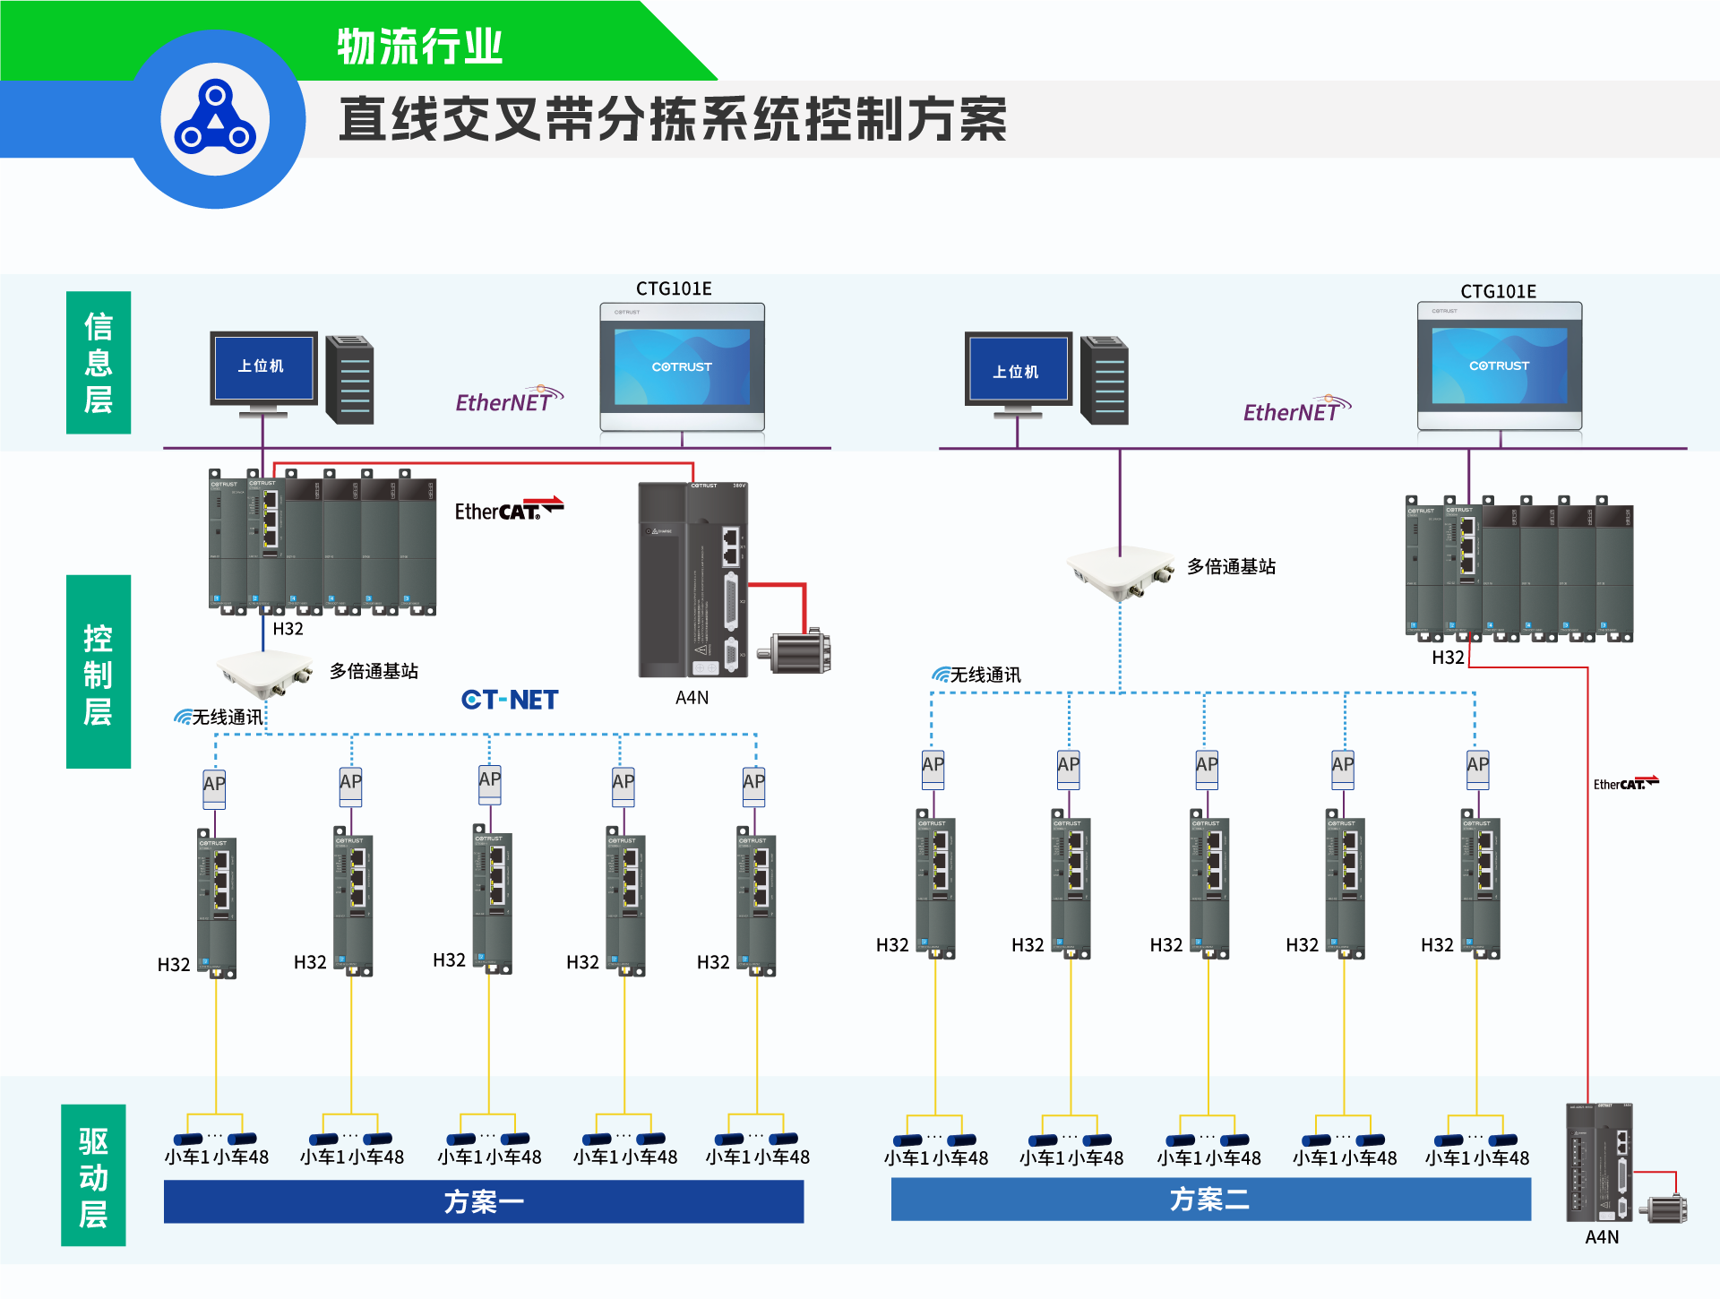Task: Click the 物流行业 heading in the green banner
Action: [x=419, y=47]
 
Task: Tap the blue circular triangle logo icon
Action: [x=215, y=119]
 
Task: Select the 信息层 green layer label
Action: [x=99, y=362]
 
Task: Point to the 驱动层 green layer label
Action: [x=93, y=1175]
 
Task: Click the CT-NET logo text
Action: [x=510, y=700]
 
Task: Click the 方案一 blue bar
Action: [x=484, y=1201]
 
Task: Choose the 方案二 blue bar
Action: [x=1210, y=1200]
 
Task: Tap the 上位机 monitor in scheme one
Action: [x=263, y=369]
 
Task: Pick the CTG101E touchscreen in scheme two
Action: [x=1499, y=366]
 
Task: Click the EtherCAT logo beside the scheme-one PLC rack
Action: [x=508, y=509]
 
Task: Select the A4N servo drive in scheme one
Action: [x=692, y=580]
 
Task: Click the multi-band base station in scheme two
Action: [x=1121, y=572]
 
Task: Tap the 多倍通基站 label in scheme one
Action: [x=374, y=671]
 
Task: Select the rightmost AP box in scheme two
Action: [x=1477, y=768]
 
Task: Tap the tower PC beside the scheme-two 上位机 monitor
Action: [x=1105, y=380]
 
